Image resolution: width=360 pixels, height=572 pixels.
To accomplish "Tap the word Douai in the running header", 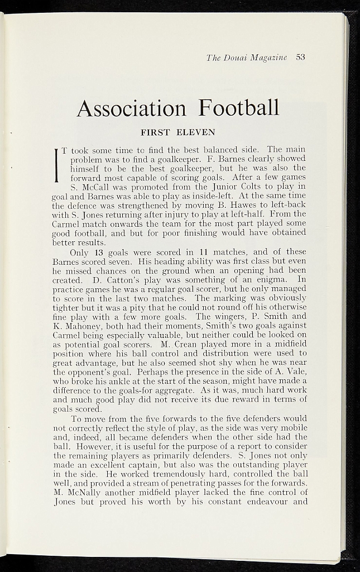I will [236, 58].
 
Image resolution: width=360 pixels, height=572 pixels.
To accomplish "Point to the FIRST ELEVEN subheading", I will [177, 133].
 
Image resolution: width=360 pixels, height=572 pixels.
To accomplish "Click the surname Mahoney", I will [80, 325].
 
